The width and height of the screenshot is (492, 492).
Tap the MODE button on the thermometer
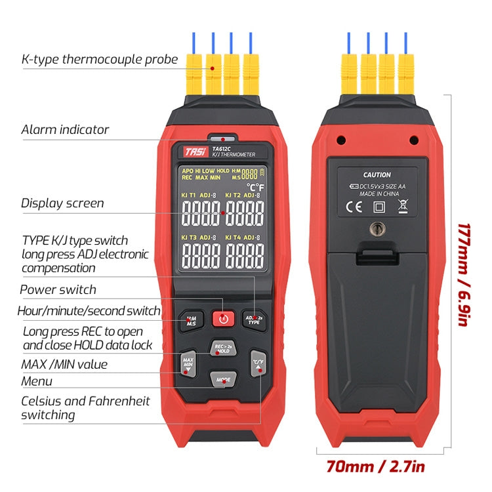[x=223, y=379]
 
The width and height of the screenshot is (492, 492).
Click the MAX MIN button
[x=188, y=363]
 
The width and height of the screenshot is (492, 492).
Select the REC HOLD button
[x=222, y=348]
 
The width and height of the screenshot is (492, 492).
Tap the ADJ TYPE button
[x=253, y=319]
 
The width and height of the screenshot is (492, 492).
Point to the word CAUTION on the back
[x=376, y=175]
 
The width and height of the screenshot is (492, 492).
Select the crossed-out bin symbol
[x=403, y=208]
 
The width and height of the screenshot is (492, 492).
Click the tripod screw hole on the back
[x=377, y=229]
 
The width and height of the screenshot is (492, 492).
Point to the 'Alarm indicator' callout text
[x=65, y=129]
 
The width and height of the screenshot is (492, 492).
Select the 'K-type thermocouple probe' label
[x=99, y=60]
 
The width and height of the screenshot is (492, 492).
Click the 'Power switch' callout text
[x=58, y=289]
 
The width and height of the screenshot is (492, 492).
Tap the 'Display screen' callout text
[x=62, y=203]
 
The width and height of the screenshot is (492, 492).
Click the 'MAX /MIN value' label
[x=64, y=364]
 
